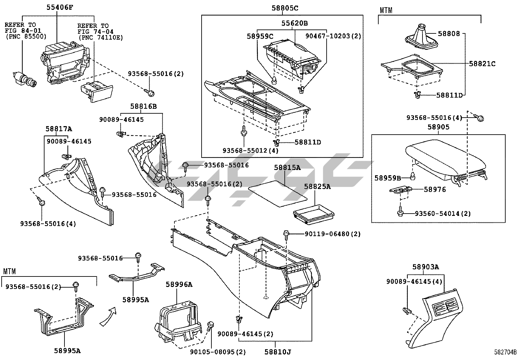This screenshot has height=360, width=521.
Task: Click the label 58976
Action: pos(435,189)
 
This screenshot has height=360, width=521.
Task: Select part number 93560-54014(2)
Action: pos(443,214)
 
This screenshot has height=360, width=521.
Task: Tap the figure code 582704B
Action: pos(505,352)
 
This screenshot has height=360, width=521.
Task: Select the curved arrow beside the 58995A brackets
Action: pos(108,316)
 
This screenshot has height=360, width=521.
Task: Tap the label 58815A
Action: pos(287,167)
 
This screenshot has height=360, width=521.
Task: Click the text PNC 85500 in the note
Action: pos(26,36)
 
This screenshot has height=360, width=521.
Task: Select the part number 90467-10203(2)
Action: pos(333,36)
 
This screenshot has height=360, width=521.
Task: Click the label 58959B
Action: pos(387,178)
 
